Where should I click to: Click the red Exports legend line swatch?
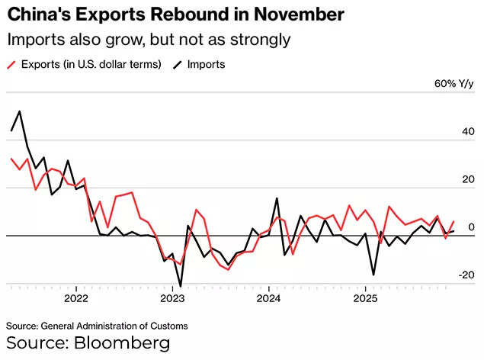13,65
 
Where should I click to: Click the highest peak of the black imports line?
20,111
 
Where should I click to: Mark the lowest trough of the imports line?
181,286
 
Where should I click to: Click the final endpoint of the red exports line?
454,221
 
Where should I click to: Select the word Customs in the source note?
168,326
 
